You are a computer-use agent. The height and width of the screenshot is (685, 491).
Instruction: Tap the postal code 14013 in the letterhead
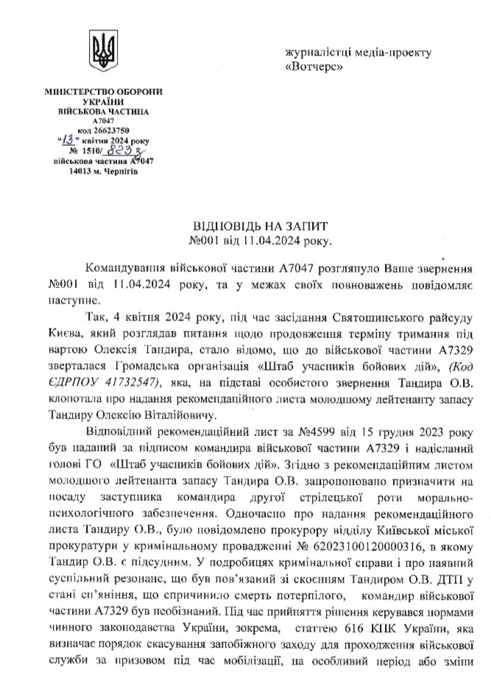coord(79,170)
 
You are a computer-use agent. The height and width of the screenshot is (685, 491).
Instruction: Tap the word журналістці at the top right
coord(319,52)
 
